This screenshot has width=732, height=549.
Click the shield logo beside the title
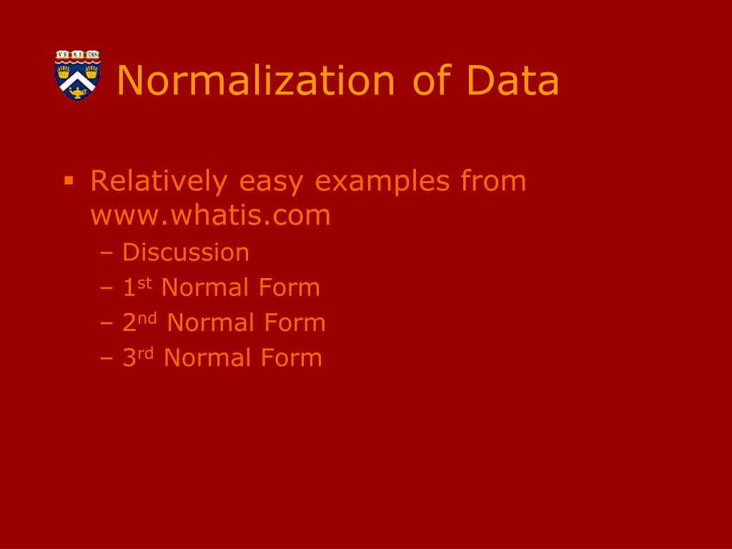(x=78, y=75)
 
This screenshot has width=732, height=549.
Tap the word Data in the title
(x=513, y=80)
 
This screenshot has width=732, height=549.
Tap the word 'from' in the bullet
(x=493, y=181)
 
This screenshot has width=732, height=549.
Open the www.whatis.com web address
(x=211, y=215)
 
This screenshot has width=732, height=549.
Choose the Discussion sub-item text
(x=186, y=252)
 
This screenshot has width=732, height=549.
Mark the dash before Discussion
(x=107, y=253)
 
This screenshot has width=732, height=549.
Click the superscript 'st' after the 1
(x=145, y=283)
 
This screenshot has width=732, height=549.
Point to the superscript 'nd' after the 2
(x=147, y=318)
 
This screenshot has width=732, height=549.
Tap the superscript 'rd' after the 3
(x=145, y=353)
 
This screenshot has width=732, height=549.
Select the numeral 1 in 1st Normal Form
(x=129, y=288)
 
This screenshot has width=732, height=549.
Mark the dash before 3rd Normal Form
(x=107, y=358)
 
